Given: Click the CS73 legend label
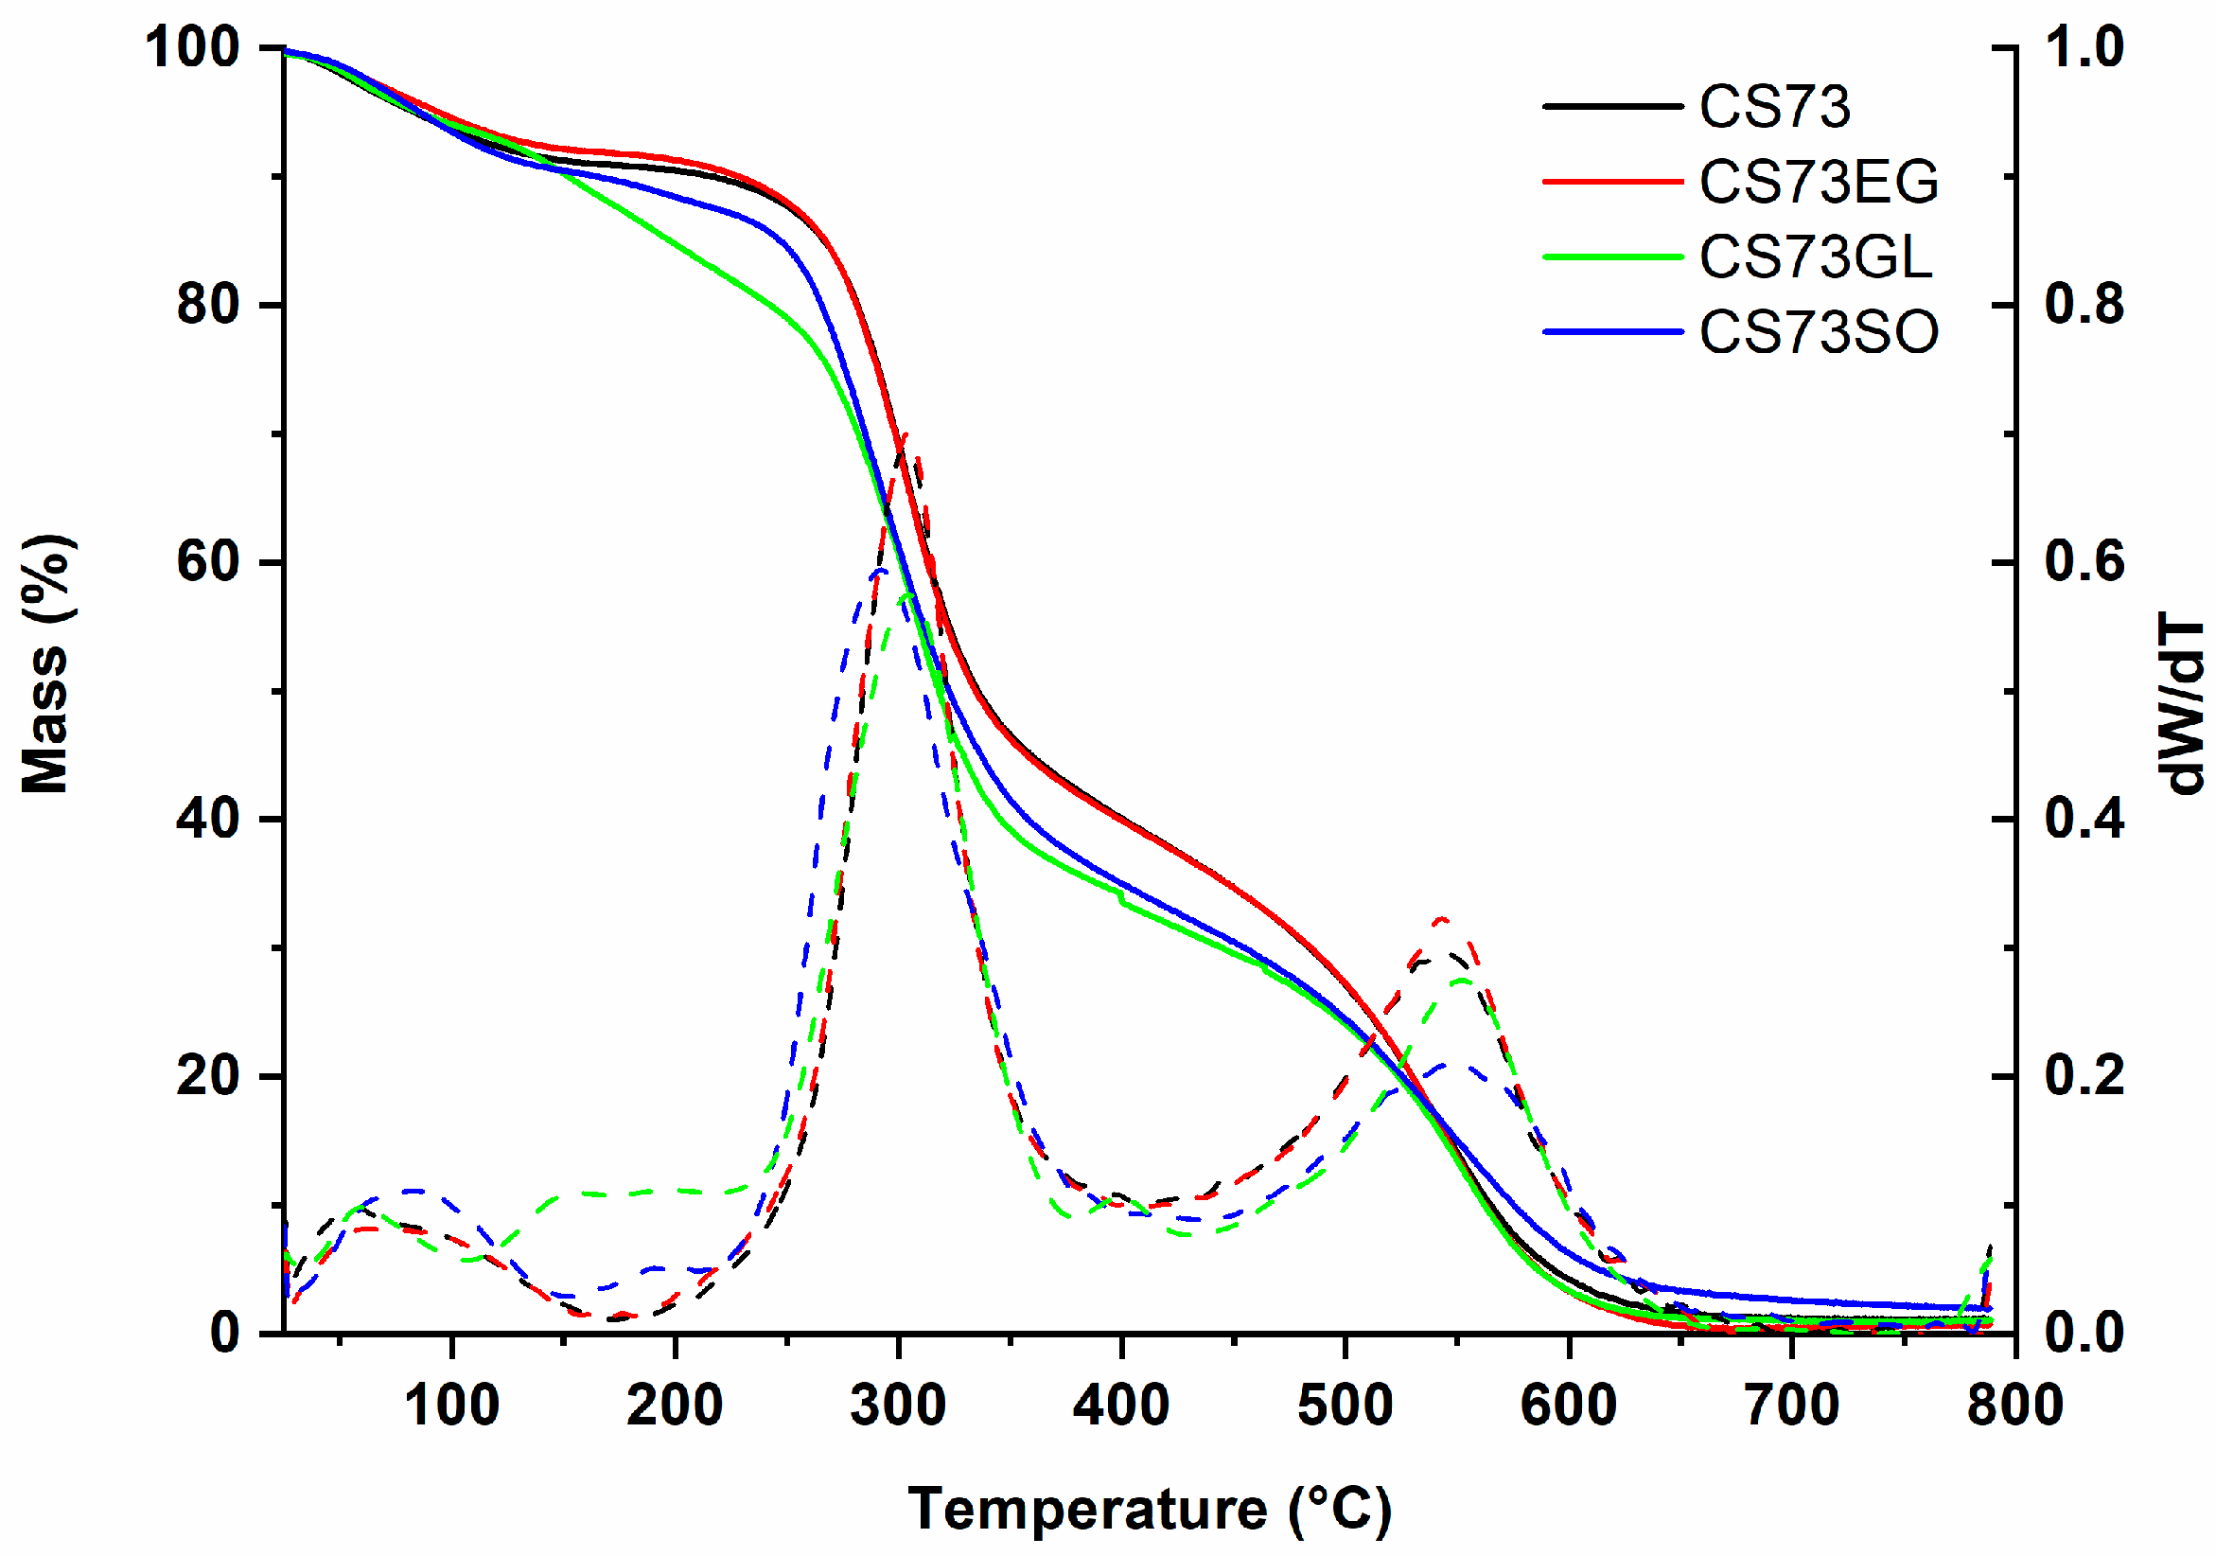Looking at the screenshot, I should pos(1774,106).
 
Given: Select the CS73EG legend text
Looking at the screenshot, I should pos(1819,182).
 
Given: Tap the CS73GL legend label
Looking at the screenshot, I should pos(1816,256).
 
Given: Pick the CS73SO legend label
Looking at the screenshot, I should pos(1819,332).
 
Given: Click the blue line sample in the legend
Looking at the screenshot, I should pos(1612,332).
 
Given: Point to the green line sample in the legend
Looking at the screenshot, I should pos(1612,256).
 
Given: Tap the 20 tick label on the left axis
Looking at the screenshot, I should pos(207,1075).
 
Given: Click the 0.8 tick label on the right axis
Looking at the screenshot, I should pos(2084,304).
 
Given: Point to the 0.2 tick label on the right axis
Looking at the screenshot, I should pos(2084,1075).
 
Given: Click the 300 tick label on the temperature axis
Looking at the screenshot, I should pos(898,1406).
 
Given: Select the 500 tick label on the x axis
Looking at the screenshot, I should pos(1345,1406).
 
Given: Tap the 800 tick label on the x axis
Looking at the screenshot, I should pos(2014,1406).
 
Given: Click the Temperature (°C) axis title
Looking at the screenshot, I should pos(1149,1508).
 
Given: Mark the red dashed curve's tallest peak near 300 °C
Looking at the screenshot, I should pos(906,436).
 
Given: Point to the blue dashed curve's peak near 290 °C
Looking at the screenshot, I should pos(878,571).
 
